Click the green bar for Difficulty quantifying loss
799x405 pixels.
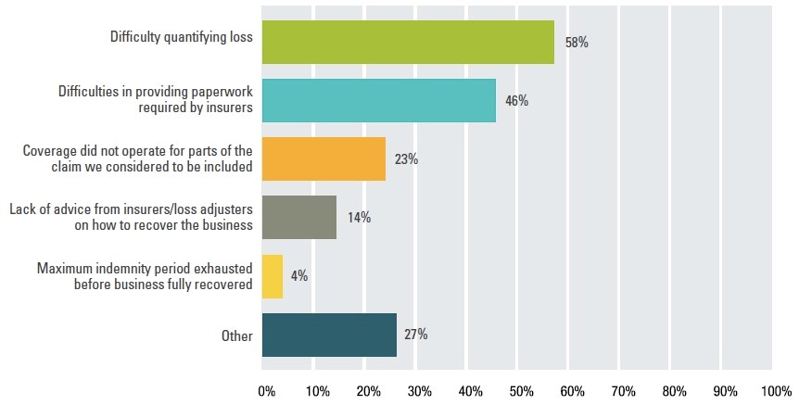click(408, 42)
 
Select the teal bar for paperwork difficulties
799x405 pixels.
click(378, 100)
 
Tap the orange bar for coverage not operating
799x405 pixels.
click(323, 158)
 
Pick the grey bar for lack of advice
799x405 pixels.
click(298, 218)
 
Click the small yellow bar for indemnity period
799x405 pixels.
click(273, 276)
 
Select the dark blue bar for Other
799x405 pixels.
click(329, 335)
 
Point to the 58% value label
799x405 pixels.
click(577, 43)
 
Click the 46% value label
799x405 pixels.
click(516, 101)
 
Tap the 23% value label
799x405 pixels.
click(406, 159)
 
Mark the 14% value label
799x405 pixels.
click(359, 218)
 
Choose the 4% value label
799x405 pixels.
click(298, 276)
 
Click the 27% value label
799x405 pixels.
click(415, 335)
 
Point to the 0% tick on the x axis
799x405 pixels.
click(266, 390)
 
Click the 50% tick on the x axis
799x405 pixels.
click(521, 390)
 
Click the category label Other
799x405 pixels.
click(236, 335)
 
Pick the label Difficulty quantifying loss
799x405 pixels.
click(181, 38)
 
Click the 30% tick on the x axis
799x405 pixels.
click(419, 390)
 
